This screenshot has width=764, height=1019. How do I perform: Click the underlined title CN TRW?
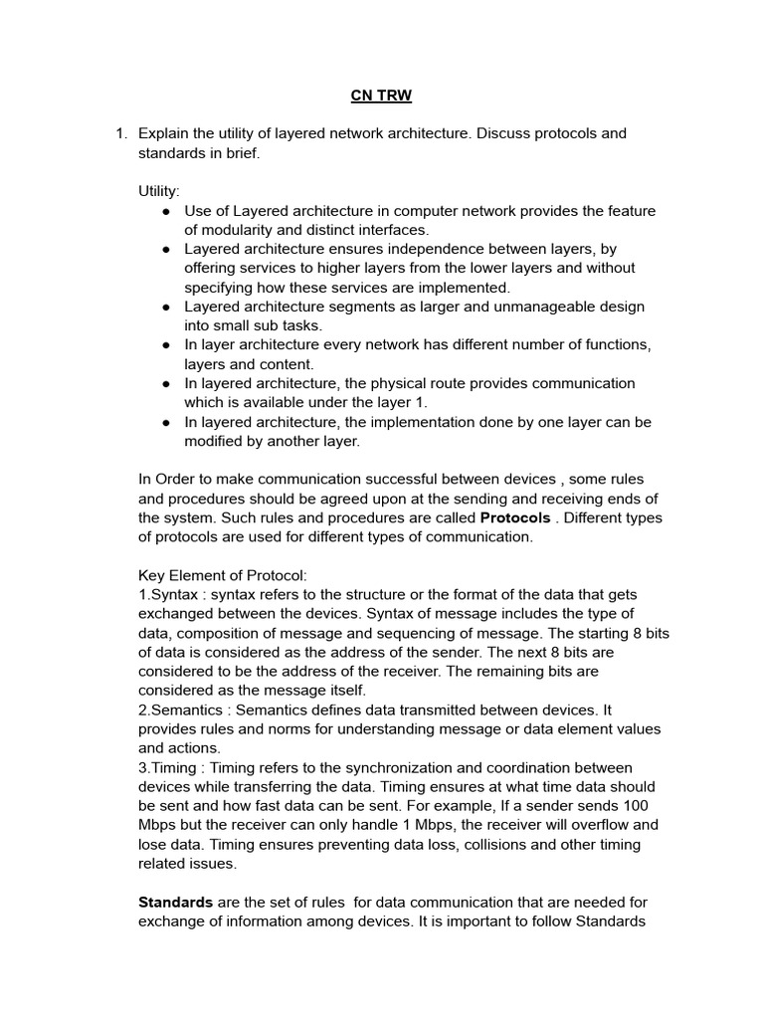pyautogui.click(x=382, y=96)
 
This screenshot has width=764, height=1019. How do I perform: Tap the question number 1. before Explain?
pyautogui.click(x=121, y=133)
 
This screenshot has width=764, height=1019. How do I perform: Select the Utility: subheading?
pyautogui.click(x=158, y=191)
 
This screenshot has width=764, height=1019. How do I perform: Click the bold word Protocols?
pyautogui.click(x=515, y=517)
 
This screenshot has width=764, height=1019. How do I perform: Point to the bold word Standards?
pyautogui.click(x=175, y=902)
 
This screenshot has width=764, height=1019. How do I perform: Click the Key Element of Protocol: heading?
pyautogui.click(x=223, y=575)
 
